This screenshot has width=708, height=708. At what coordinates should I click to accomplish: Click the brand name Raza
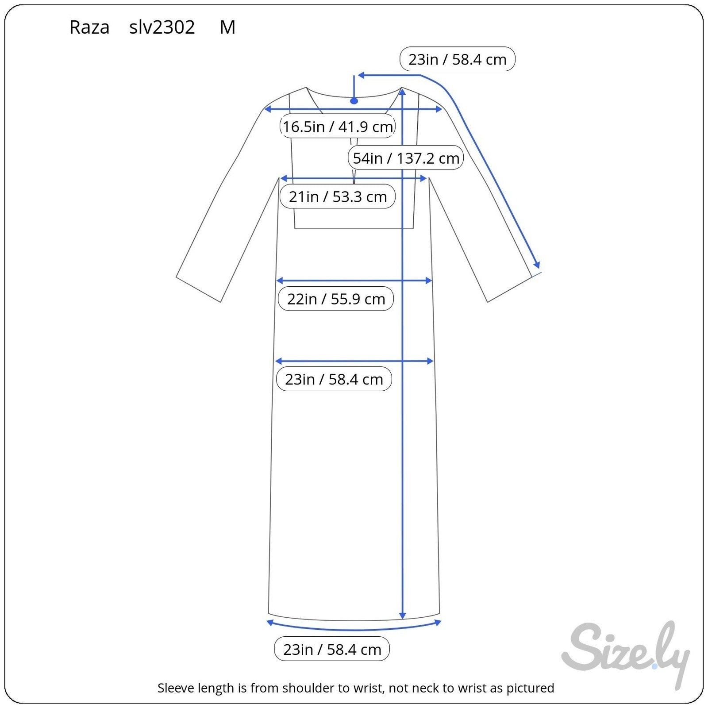click(89, 27)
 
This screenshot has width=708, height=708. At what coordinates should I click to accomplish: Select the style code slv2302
click(162, 27)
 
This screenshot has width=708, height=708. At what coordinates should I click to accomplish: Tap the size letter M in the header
click(227, 27)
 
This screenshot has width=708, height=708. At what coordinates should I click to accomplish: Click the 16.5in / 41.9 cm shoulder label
click(338, 127)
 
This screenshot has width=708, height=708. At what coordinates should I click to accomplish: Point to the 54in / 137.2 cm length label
click(406, 158)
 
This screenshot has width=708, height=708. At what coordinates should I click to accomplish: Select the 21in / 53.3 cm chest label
click(338, 196)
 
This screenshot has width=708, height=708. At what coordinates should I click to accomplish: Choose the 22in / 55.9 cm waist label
click(336, 299)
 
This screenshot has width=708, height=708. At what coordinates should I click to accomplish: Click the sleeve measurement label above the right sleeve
click(458, 59)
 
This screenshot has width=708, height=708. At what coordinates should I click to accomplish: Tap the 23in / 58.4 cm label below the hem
click(332, 649)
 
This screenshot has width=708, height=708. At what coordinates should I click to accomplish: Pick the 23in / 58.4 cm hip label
click(334, 379)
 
